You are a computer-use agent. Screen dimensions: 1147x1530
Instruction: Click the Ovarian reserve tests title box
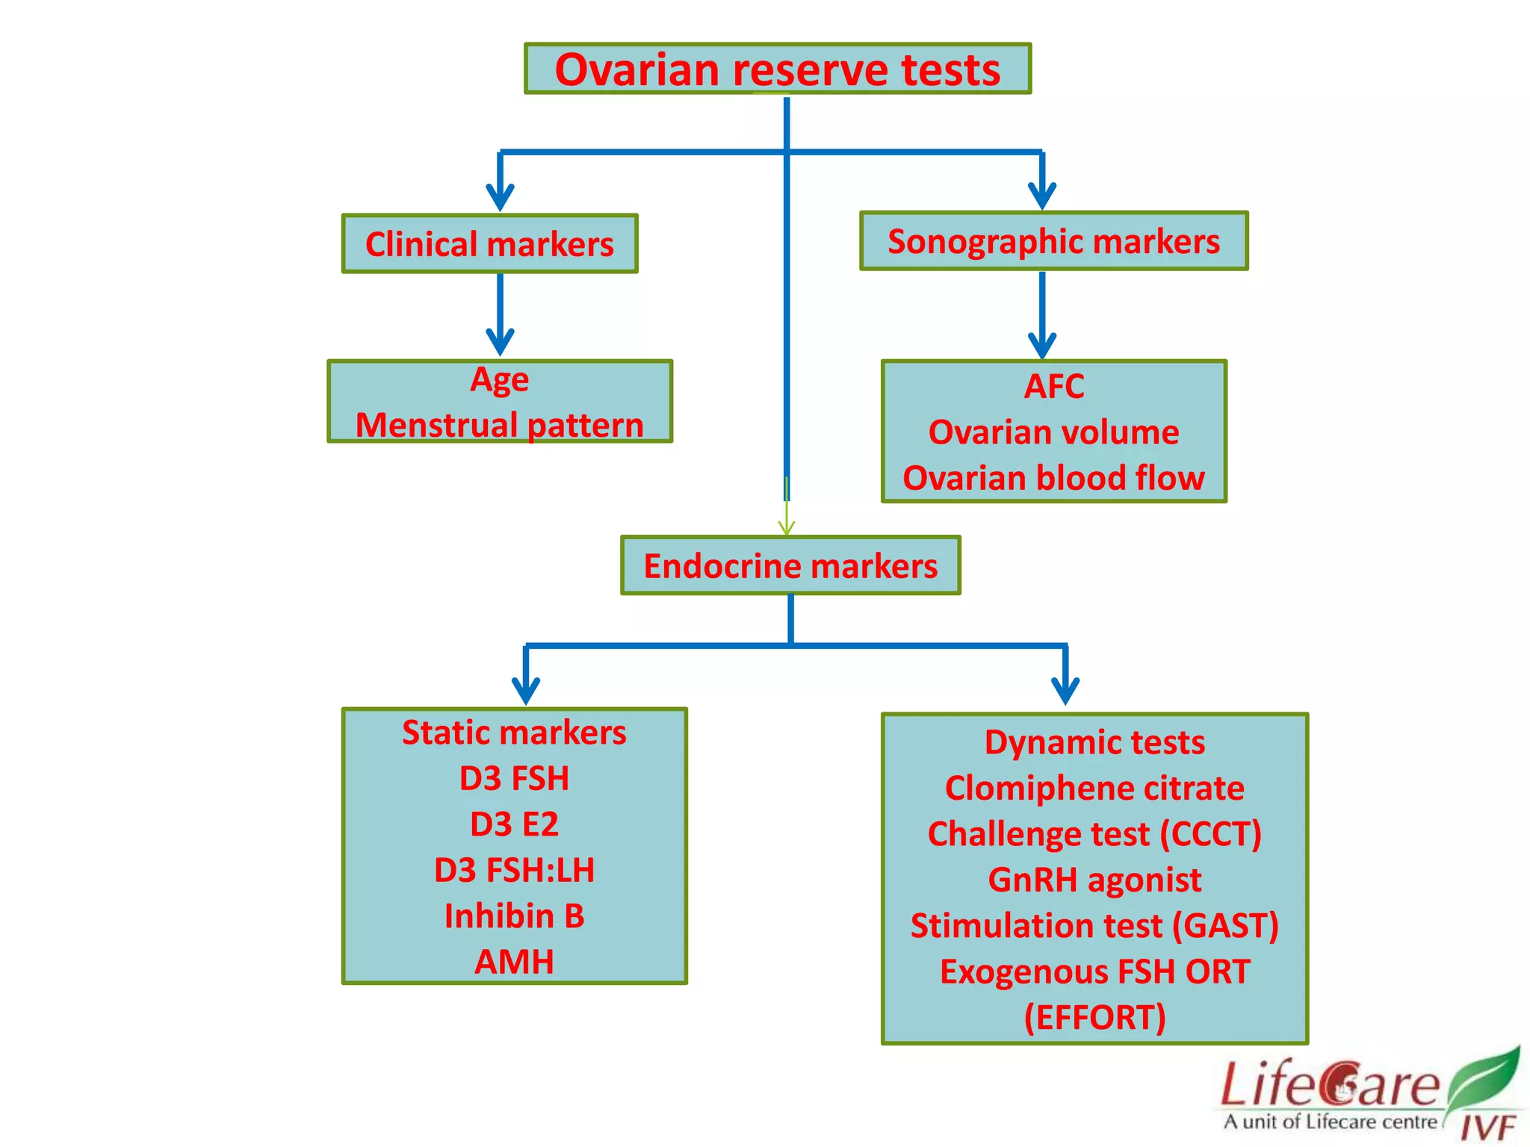click(x=777, y=69)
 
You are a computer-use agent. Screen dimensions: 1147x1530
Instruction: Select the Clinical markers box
click(x=489, y=244)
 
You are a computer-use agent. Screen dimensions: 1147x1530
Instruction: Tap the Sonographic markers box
click(x=1053, y=241)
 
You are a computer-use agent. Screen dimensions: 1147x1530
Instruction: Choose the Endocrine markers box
click(x=790, y=566)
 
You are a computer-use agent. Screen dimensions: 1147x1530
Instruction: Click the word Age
click(x=499, y=380)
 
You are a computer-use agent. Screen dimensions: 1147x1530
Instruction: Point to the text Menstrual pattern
click(x=499, y=426)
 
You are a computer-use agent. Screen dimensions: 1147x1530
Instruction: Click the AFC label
click(x=1053, y=387)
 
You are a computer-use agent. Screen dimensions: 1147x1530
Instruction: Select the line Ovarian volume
click(x=1053, y=432)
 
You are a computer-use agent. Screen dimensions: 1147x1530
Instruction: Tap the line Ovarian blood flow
click(x=1053, y=478)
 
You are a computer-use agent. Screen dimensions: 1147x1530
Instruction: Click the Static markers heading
click(x=514, y=733)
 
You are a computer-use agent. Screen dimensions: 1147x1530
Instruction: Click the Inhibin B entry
click(x=514, y=916)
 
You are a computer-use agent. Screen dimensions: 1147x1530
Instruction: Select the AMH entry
click(x=514, y=962)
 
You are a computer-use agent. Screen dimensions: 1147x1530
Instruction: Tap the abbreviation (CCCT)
click(x=1210, y=834)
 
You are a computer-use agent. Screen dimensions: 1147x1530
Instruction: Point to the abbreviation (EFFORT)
click(x=1094, y=1018)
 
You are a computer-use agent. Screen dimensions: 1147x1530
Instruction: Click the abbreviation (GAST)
click(x=1225, y=926)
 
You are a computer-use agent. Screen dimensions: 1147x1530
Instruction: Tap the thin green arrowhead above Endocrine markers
click(x=786, y=527)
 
